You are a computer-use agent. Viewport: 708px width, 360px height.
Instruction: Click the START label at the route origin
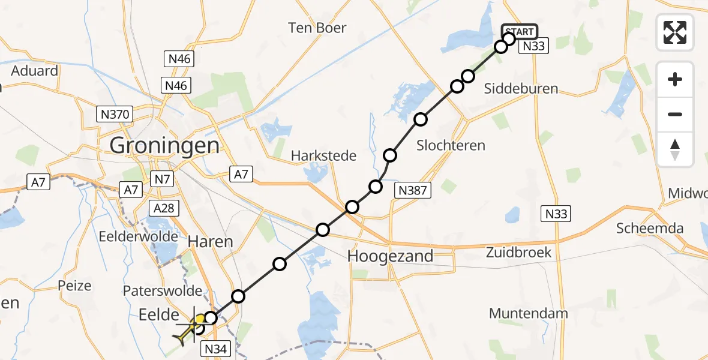click(x=518, y=31)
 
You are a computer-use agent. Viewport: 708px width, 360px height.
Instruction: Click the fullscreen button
click(x=675, y=32)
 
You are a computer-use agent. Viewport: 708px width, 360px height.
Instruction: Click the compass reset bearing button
click(x=675, y=149)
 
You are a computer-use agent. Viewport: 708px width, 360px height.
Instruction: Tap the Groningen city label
click(x=164, y=145)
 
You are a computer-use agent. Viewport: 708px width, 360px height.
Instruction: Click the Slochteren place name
click(x=451, y=145)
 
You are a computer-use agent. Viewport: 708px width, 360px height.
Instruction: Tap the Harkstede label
click(x=323, y=156)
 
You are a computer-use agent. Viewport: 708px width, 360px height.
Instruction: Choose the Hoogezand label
click(x=391, y=256)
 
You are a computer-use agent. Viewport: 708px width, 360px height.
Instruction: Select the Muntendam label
click(x=528, y=313)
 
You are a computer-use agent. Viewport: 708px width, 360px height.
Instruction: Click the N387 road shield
click(x=412, y=191)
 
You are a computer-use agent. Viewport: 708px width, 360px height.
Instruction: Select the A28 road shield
click(x=164, y=208)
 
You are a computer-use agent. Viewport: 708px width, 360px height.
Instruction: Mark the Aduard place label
click(x=34, y=71)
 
